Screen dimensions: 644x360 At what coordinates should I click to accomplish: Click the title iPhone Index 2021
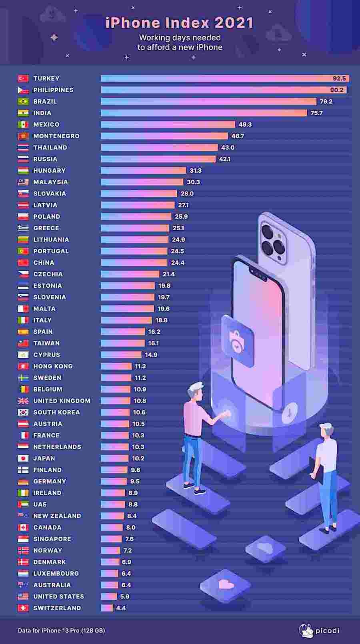(x=180, y=23)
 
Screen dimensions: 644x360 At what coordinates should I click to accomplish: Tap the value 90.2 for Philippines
(x=336, y=90)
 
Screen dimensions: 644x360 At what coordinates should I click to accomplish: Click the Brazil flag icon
(x=23, y=102)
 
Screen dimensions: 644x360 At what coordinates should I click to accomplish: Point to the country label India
(x=42, y=113)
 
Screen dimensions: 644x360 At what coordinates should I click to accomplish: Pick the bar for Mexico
(x=168, y=125)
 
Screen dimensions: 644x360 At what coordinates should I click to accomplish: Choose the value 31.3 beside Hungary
(x=196, y=171)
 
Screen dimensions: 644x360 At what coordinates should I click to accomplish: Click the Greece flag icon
(x=23, y=228)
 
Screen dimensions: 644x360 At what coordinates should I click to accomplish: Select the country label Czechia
(x=48, y=274)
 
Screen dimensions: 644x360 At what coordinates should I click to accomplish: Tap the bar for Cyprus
(x=121, y=355)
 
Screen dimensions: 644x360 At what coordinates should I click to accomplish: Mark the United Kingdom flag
(x=23, y=401)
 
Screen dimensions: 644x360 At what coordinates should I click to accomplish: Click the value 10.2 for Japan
(x=138, y=459)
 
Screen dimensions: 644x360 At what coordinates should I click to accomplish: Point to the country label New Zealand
(x=57, y=516)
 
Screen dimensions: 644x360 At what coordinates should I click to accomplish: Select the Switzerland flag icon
(x=23, y=608)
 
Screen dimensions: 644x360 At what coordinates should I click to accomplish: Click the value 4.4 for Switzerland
(x=121, y=608)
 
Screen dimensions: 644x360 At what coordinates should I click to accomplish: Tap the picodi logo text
(x=327, y=630)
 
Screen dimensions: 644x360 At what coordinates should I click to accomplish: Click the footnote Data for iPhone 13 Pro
(x=61, y=630)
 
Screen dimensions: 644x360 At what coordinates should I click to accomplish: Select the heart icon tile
(x=226, y=585)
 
